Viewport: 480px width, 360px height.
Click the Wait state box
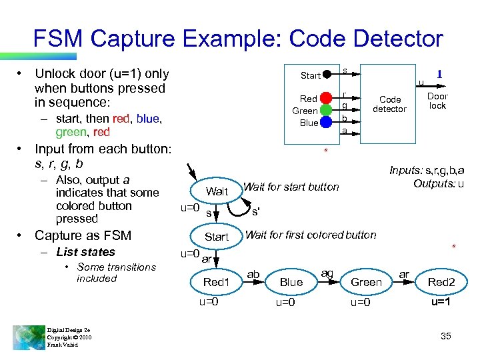coord(217,191)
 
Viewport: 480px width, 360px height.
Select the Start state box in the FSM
coord(217,237)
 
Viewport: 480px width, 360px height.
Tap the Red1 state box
coord(216,282)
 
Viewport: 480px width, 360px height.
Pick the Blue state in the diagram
coord(291,282)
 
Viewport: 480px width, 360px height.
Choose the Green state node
coord(367,282)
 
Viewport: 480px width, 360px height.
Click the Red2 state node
coord(441,282)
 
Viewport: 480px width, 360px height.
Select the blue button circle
coord(325,122)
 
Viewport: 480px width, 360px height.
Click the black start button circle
coord(327,75)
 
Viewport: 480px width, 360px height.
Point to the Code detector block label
coord(389,104)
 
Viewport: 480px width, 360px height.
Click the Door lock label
coord(437,101)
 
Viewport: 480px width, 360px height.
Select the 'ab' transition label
coord(253,274)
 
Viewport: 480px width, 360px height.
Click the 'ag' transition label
coord(327,273)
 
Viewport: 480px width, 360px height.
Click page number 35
coord(445,336)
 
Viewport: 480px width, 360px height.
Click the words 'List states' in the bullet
coord(85,252)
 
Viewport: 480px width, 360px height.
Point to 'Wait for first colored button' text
coord(311,235)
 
